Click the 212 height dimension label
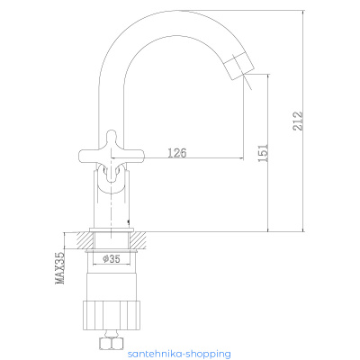(x=298, y=121)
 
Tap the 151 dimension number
(x=263, y=153)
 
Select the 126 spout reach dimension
(x=177, y=153)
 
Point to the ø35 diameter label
(x=112, y=258)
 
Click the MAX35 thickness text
(x=59, y=268)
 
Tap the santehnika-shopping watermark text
(x=179, y=354)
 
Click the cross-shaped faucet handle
(x=112, y=156)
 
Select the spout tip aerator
(x=239, y=66)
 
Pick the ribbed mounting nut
(x=112, y=314)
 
